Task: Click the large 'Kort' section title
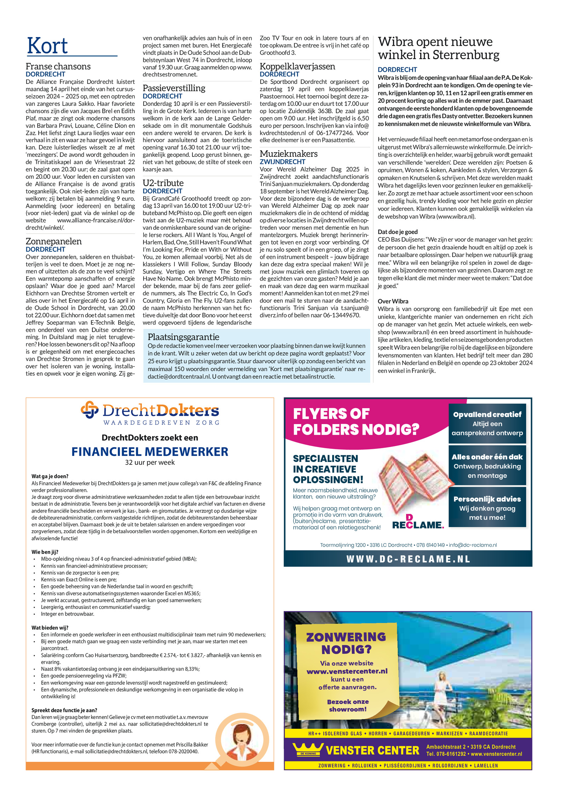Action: tap(47, 46)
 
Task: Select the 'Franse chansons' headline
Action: tap(58, 66)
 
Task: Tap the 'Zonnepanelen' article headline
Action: tap(54, 241)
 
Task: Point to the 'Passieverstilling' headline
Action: tap(174, 88)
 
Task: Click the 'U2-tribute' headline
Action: tap(163, 183)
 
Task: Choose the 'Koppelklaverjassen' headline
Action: tap(297, 66)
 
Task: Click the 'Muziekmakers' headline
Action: tap(288, 154)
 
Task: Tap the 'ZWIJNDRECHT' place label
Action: tap(282, 162)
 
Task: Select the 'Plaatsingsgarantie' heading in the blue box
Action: tap(183, 337)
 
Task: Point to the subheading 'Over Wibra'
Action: tap(393, 301)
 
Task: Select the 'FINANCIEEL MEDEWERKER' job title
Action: tap(150, 451)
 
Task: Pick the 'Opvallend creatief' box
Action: tap(487, 423)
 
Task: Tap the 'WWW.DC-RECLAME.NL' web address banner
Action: tap(408, 559)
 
